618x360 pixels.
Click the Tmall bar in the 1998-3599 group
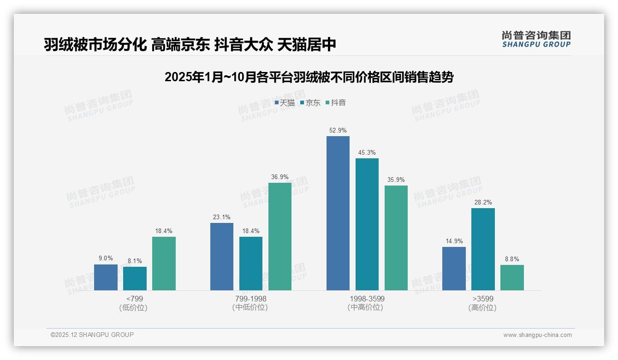pos(338,213)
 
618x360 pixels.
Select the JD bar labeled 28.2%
pos(483,249)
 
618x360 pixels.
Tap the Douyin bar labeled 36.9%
pos(280,236)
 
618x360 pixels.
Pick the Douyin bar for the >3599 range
pos(512,277)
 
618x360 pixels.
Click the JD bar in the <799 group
pos(135,278)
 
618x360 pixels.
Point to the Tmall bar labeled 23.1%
pos(222,257)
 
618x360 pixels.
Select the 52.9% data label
pos(338,131)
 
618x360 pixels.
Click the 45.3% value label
pos(367,153)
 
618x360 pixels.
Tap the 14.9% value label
pos(454,241)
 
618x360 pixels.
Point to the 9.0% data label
pos(106,258)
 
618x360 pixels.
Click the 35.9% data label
pos(396,180)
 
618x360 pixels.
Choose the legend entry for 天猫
pos(285,103)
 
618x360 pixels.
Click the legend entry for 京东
pos(310,103)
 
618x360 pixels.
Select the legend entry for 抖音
pos(336,103)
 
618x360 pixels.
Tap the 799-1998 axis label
pos(250,299)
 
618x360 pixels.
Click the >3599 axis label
pos(482,299)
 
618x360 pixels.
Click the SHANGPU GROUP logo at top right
pos(536,39)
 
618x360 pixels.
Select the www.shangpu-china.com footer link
pos(537,335)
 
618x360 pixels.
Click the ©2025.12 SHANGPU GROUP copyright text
pos(92,335)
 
